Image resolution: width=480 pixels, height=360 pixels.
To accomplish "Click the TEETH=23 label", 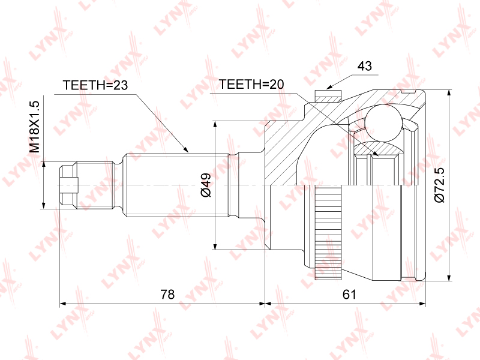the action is pyautogui.click(x=95, y=85).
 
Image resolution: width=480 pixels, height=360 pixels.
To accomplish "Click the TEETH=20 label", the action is pyautogui.click(x=251, y=84).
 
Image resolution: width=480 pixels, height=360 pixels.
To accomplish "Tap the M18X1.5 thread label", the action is pyautogui.click(x=35, y=127).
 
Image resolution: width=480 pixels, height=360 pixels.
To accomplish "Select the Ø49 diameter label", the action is pyautogui.click(x=206, y=185).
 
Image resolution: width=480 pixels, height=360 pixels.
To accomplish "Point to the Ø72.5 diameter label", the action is pyautogui.click(x=439, y=185).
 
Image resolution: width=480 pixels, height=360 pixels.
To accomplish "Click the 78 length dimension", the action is pyautogui.click(x=167, y=294).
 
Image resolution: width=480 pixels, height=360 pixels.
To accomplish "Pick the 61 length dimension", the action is pyautogui.click(x=349, y=294).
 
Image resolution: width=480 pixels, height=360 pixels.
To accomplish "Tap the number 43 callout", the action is pyautogui.click(x=365, y=65).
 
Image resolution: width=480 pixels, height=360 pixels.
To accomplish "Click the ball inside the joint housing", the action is pyautogui.click(x=384, y=122).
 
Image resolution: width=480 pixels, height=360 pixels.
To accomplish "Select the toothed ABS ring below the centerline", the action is pyautogui.click(x=328, y=233).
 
